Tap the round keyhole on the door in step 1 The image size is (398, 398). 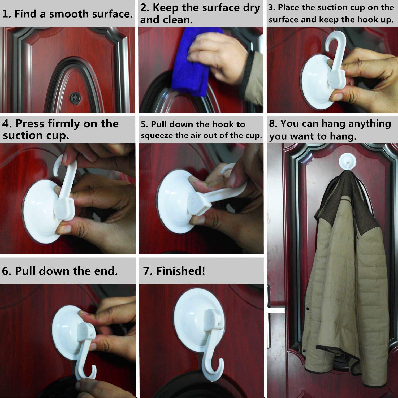[x=73, y=97]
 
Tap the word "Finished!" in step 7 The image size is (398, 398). [x=180, y=271]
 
